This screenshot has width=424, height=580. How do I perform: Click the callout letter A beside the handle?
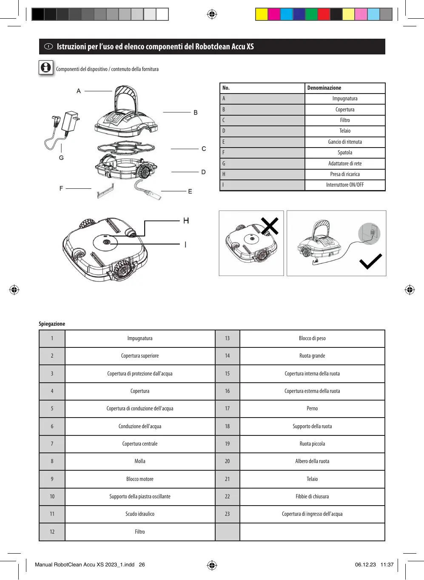coord(79,91)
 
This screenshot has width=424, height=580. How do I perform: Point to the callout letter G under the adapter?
coord(61,158)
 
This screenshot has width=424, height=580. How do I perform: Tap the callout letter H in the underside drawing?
coord(186,221)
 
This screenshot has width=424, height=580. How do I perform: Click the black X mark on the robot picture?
coord(270,226)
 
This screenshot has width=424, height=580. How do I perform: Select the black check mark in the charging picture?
coord(371,262)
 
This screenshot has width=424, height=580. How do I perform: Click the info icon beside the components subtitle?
coord(46,68)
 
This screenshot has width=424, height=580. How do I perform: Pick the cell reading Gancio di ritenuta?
coord(345,142)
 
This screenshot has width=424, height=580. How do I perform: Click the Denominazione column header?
coord(324,88)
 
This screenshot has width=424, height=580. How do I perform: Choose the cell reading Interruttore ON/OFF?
coord(345,185)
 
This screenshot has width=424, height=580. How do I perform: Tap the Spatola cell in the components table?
coord(345,153)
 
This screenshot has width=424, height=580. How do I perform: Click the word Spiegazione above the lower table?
coord(52,324)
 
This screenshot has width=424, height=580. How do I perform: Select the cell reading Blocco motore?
coord(140,479)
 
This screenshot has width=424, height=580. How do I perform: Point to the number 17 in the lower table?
coord(227,409)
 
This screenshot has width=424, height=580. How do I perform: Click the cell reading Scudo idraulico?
coord(140,514)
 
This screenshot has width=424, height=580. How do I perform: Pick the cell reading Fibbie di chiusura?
coord(312,497)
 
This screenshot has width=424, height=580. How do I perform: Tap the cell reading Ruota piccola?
coord(312,444)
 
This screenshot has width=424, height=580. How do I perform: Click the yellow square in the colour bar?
coord(262,14)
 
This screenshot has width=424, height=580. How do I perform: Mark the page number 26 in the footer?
coord(142,565)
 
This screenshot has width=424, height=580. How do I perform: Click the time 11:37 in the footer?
coord(387,565)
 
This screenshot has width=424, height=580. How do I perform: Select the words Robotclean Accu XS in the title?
coord(224,47)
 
